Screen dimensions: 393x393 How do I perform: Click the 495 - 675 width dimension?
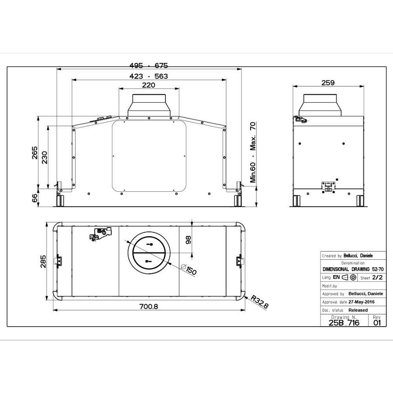(148, 65)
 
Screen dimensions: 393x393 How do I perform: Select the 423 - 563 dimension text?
(148, 76)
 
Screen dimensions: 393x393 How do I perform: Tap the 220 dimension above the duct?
(148, 85)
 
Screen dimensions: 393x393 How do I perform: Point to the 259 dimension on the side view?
(327, 83)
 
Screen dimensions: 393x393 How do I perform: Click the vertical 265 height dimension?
(35, 153)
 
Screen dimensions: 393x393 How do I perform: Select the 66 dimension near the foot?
(35, 198)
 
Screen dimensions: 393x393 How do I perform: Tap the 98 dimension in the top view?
(189, 240)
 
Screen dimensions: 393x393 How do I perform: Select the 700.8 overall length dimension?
(148, 307)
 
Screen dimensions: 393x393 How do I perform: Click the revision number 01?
(377, 323)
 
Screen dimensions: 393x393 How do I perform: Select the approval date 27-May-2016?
(361, 302)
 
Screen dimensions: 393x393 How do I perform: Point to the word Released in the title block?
(358, 310)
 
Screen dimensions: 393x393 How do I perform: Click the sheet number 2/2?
(377, 277)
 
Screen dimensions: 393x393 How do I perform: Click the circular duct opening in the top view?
(149, 252)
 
